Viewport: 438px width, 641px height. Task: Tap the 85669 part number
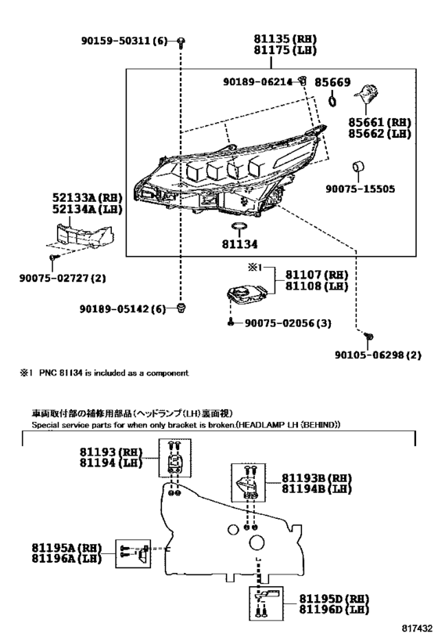tap(332, 81)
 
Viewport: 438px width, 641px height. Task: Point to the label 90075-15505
tap(362, 189)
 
